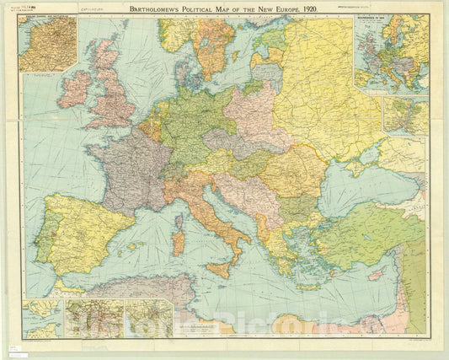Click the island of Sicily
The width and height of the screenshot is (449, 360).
point(220,269)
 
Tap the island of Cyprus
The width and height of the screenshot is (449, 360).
point(377,275)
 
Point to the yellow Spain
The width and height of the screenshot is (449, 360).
point(80,232)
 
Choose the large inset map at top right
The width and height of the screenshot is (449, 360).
point(391,52)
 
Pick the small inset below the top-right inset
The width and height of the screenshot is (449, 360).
point(405,115)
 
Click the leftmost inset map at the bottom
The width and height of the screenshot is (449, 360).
point(43,318)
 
